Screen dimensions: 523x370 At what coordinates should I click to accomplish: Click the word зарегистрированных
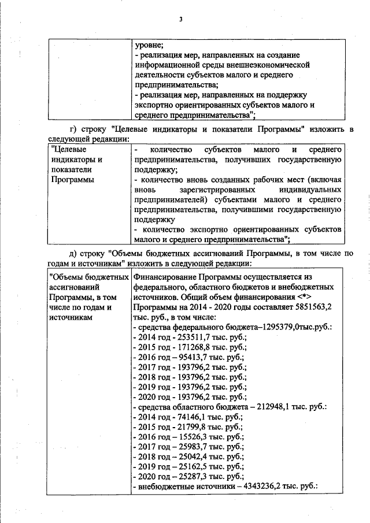coord(232,189)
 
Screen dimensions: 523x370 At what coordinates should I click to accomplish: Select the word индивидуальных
coord(315,189)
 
